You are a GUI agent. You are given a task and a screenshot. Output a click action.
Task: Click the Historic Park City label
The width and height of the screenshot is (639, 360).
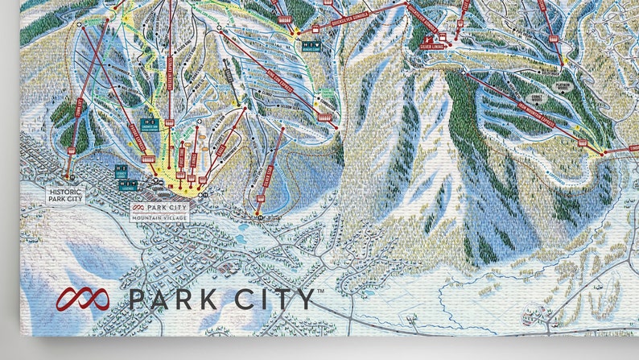point(65,194)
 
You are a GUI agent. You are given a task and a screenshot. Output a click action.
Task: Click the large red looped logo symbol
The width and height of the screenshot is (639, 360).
point(82,300)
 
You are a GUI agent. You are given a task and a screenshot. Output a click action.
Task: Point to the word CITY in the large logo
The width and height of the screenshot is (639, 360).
point(272,300)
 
